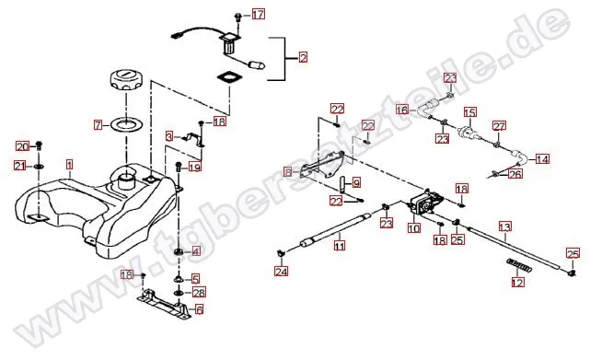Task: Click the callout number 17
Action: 258,15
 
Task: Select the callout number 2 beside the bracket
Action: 303,58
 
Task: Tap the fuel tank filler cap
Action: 126,81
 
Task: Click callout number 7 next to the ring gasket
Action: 98,124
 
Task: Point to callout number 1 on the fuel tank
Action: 69,165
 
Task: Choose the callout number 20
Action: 23,146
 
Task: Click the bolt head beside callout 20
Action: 39,145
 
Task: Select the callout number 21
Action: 20,165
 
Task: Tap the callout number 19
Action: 194,167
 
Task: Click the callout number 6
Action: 199,309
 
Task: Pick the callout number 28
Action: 199,292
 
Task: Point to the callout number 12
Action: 518,282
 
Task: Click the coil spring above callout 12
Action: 520,265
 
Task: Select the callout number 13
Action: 505,226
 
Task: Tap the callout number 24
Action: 282,271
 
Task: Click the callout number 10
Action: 414,228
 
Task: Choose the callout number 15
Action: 470,112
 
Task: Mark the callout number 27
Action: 499,126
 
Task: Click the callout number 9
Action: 356,183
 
